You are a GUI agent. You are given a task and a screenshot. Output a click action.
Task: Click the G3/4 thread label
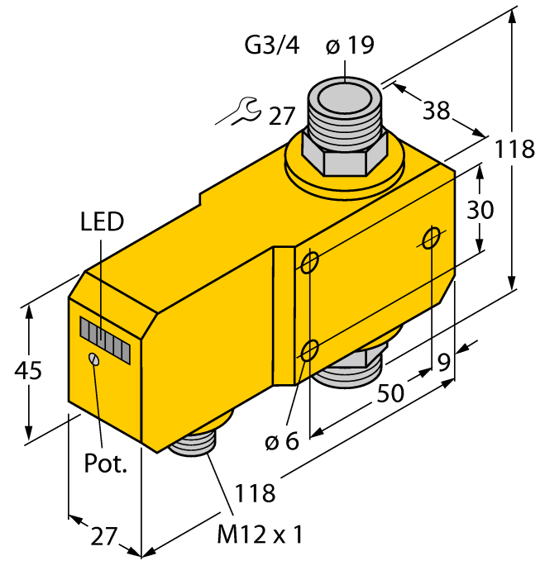(x=272, y=46)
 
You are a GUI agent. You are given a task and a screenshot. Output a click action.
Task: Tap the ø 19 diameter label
(x=350, y=46)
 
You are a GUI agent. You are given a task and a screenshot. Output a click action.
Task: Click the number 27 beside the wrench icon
(x=281, y=116)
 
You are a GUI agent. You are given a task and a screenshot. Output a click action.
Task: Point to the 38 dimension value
(x=436, y=110)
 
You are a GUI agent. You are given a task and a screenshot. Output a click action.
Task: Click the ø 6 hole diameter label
(x=281, y=442)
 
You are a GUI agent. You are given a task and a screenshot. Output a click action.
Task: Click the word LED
(x=102, y=221)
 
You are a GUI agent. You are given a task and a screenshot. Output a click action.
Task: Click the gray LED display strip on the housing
(x=105, y=340)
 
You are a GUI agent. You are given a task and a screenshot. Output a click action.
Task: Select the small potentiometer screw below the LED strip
(x=94, y=359)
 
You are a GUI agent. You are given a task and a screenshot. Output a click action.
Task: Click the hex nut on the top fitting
(x=346, y=153)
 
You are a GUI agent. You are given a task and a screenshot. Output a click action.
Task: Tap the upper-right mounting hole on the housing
(x=430, y=239)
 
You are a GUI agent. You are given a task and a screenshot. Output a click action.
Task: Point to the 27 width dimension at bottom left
(x=103, y=538)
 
